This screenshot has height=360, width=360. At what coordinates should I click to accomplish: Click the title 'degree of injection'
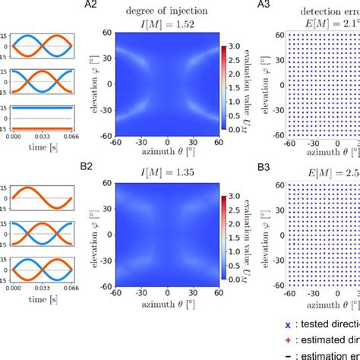pyautogui.click(x=160, y=8)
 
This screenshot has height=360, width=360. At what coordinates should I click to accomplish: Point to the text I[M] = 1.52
pyautogui.click(x=160, y=21)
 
